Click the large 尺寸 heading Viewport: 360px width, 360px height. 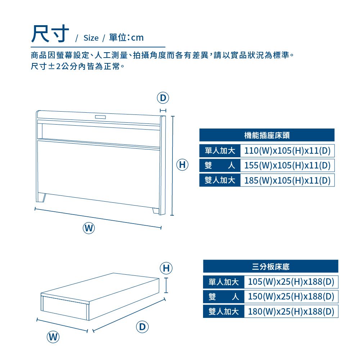(50, 34)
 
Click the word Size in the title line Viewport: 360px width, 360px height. (91, 38)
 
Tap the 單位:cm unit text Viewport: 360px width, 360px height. (126, 37)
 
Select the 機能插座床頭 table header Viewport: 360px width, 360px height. (267, 135)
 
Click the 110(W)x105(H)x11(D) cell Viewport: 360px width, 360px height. (287, 150)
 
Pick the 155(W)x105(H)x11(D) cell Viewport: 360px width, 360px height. (287, 165)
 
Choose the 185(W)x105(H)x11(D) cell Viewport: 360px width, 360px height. (287, 180)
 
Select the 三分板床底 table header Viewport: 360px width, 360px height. (271, 266)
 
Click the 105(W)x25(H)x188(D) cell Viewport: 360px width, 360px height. (291, 282)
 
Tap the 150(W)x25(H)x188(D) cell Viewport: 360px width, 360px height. (291, 297)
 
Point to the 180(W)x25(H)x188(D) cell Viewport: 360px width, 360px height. (291, 311)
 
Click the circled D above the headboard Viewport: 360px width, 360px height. (163, 98)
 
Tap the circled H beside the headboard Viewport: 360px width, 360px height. (182, 165)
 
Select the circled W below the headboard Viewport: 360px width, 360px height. (89, 228)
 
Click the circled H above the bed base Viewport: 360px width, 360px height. (166, 268)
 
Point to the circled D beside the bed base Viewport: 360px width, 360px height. (142, 327)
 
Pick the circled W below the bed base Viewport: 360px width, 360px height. (53, 337)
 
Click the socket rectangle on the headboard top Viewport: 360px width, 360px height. (100, 117)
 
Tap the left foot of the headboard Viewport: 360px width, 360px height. (41, 198)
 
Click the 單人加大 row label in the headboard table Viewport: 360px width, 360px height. (220, 150)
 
